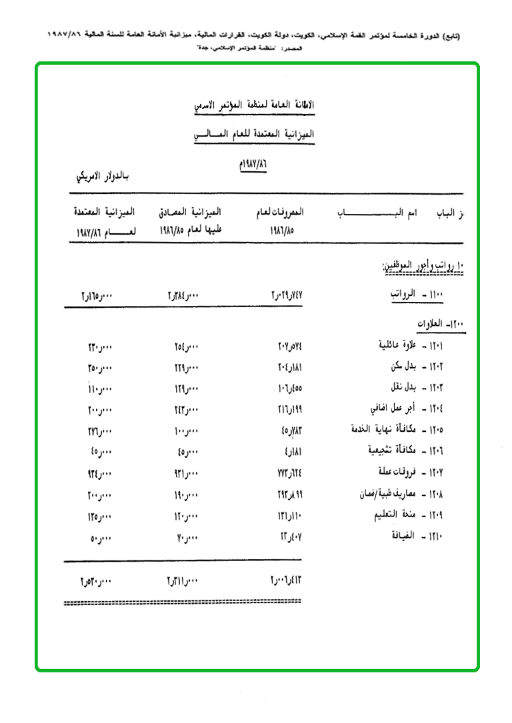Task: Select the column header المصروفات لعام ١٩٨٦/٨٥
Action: click(x=279, y=222)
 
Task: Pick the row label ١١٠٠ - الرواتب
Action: click(x=417, y=293)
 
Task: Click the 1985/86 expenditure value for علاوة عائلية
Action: click(x=290, y=346)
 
